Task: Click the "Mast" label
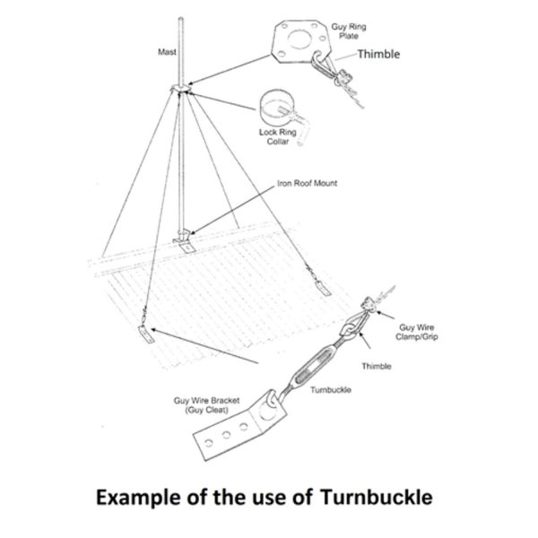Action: tap(167, 52)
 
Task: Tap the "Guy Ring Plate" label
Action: tap(349, 31)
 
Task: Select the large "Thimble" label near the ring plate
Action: tap(378, 54)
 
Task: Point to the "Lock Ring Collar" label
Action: tap(278, 136)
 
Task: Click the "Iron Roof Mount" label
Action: tap(307, 183)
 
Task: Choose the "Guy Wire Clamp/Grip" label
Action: tap(417, 332)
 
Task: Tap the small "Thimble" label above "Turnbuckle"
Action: tap(377, 367)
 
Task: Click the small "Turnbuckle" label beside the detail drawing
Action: tap(331, 390)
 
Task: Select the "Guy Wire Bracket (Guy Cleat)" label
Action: tap(206, 405)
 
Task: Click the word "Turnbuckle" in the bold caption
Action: tap(376, 497)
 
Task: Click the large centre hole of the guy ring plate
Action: tap(299, 39)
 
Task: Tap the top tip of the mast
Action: tap(181, 18)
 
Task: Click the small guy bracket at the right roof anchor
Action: tap(324, 288)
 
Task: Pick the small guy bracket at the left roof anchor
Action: tap(146, 334)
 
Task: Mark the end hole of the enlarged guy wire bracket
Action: tap(209, 443)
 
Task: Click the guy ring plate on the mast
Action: tap(181, 88)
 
